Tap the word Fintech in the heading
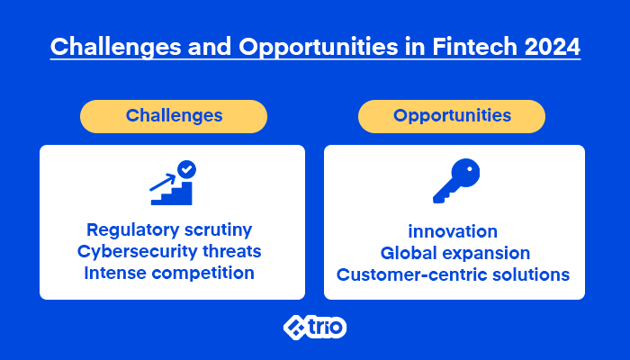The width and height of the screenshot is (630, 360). [x=474, y=46]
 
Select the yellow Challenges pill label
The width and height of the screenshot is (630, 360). [x=174, y=116]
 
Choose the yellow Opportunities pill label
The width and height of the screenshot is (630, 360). [x=452, y=116]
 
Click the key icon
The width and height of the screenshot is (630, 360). [x=456, y=181]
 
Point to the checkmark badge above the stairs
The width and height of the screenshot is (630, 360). [x=186, y=169]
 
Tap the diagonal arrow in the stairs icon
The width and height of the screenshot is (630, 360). [x=163, y=182]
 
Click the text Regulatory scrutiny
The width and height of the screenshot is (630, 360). [x=169, y=230]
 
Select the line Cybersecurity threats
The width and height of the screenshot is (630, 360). [x=169, y=251]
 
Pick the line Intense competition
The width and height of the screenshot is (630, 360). [x=169, y=274]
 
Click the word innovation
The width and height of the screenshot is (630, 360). [x=453, y=231]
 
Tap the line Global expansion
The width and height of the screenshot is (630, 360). [x=455, y=254]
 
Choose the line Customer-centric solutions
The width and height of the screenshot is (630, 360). [x=454, y=274]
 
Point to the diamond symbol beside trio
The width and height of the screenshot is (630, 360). [x=295, y=327]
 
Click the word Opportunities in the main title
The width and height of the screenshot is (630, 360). [x=319, y=47]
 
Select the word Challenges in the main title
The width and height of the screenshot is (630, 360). [x=116, y=47]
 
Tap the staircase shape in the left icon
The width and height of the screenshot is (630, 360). [x=172, y=193]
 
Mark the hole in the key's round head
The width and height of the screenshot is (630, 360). [x=469, y=169]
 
